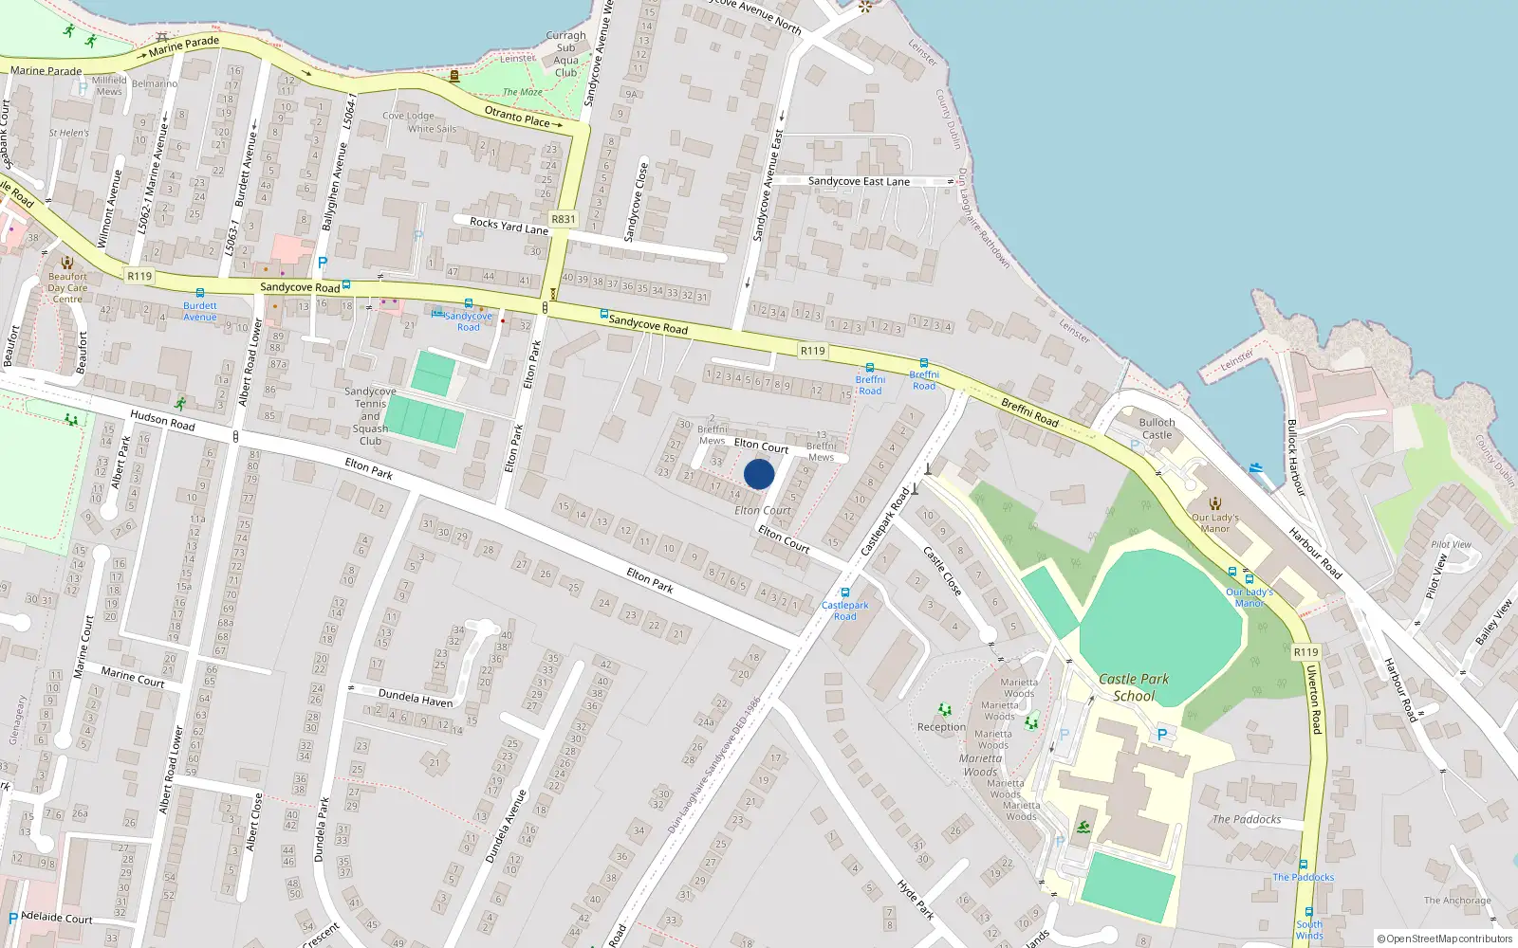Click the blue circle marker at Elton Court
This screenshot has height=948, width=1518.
click(x=759, y=474)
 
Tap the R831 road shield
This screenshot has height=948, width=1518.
click(x=564, y=219)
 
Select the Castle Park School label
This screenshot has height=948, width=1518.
click(x=1134, y=687)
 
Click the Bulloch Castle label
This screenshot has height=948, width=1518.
click(x=1157, y=428)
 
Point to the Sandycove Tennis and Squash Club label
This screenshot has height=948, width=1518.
click(x=370, y=416)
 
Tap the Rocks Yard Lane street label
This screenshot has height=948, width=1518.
click(x=509, y=226)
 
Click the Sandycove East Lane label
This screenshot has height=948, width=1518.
click(x=859, y=181)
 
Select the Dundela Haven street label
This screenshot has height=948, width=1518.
click(x=416, y=699)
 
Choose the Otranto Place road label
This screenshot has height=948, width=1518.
click(x=518, y=117)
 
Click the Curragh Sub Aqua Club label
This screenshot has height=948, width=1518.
click(x=565, y=54)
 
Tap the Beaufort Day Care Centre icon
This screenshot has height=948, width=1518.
click(x=66, y=263)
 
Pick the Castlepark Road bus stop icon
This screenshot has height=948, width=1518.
click(x=844, y=593)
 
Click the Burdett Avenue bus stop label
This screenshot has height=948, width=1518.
click(x=199, y=311)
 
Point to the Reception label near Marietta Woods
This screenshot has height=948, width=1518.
click(x=941, y=727)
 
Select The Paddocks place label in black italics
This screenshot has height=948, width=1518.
click(x=1246, y=819)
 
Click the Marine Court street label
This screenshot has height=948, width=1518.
click(x=133, y=677)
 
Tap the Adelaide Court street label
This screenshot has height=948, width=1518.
click(x=57, y=918)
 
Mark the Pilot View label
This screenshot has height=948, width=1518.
click(x=1451, y=544)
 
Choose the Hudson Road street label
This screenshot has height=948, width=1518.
click(x=162, y=420)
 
